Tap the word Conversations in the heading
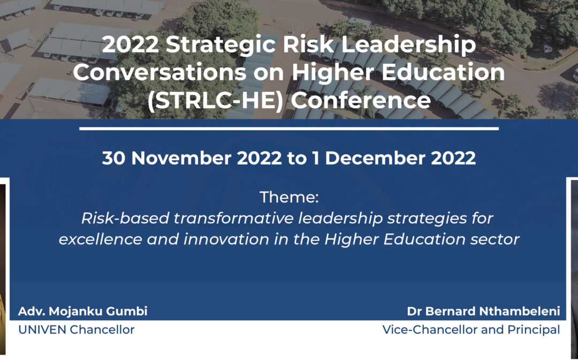(159, 72)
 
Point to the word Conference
(361, 100)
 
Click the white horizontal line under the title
(289, 129)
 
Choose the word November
(181, 158)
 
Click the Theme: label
(289, 197)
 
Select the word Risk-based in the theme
(125, 218)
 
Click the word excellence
(100, 239)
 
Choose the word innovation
(226, 239)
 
